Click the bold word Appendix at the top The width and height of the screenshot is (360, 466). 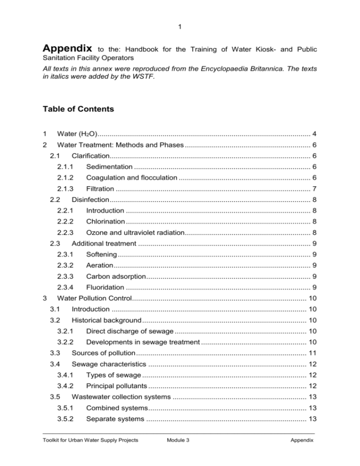(x=67, y=48)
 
